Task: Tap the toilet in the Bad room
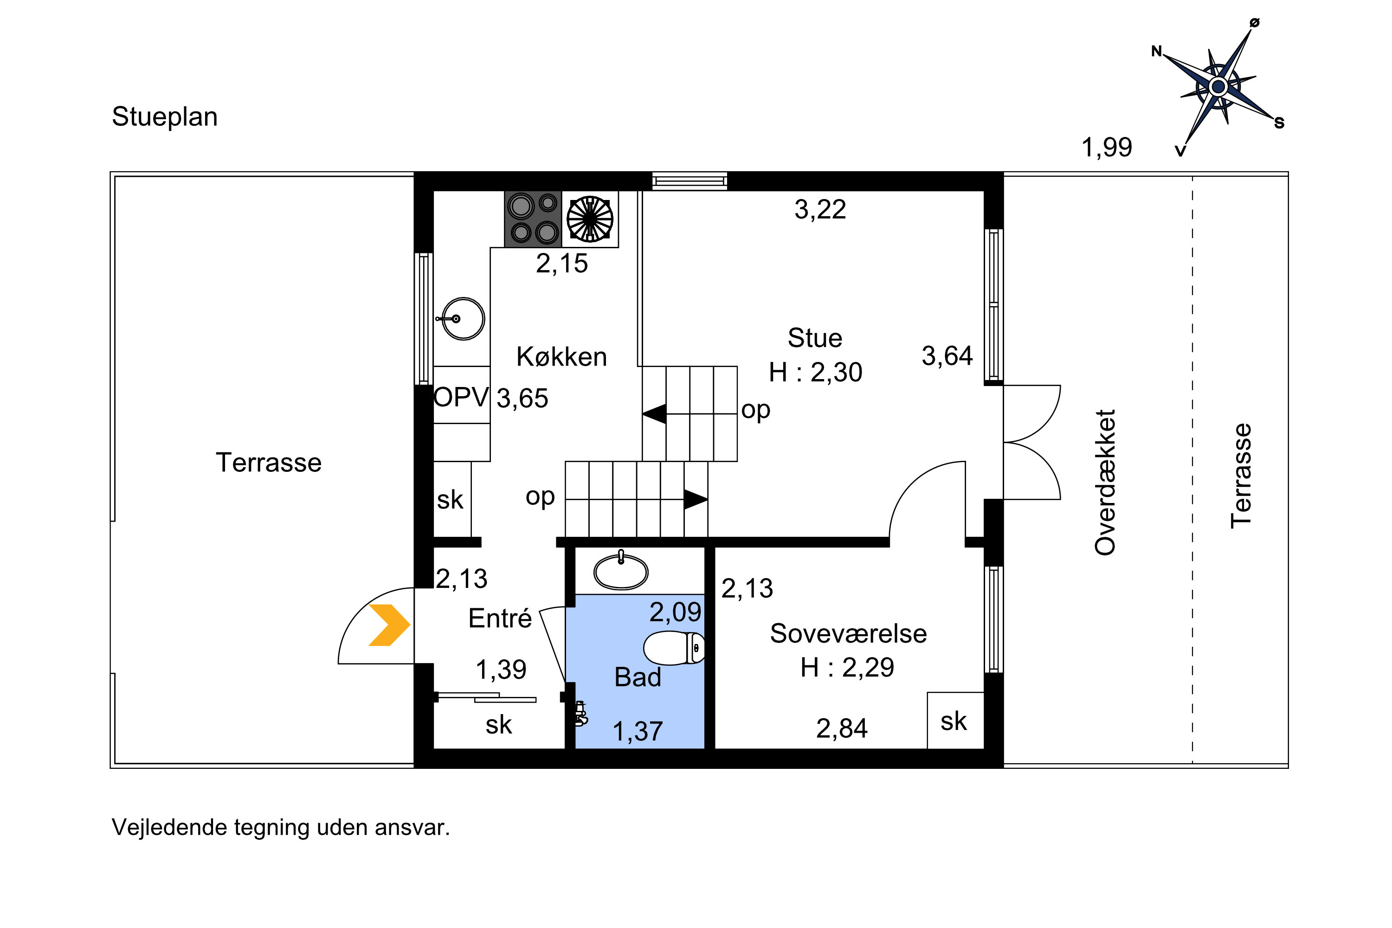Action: click(674, 648)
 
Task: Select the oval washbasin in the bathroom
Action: click(621, 571)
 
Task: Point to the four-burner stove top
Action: click(533, 219)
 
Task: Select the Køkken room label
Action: click(561, 357)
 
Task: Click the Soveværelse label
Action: click(848, 634)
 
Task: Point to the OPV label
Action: click(462, 397)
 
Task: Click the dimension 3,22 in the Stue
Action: click(820, 210)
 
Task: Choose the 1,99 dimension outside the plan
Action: click(1107, 148)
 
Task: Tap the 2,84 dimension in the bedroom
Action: click(842, 728)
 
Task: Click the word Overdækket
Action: click(1105, 483)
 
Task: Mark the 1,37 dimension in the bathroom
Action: click(638, 732)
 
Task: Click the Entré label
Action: click(500, 619)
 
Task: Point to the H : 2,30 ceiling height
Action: click(816, 372)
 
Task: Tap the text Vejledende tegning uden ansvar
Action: click(281, 827)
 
